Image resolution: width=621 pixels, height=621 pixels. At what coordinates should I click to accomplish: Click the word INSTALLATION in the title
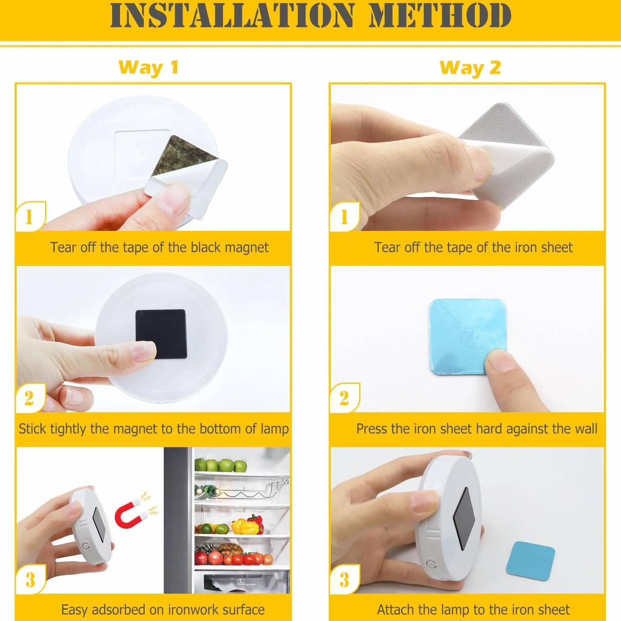coord(232,15)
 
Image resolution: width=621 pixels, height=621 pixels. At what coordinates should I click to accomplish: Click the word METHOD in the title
coord(440,15)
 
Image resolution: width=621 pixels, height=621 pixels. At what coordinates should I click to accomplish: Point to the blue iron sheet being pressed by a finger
coord(468,336)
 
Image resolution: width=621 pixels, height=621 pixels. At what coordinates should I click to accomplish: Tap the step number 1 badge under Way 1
coord(30,217)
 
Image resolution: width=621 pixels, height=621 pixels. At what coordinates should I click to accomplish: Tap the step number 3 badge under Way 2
coord(344,579)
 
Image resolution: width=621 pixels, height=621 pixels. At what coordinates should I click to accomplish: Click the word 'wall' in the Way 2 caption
coord(584,429)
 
